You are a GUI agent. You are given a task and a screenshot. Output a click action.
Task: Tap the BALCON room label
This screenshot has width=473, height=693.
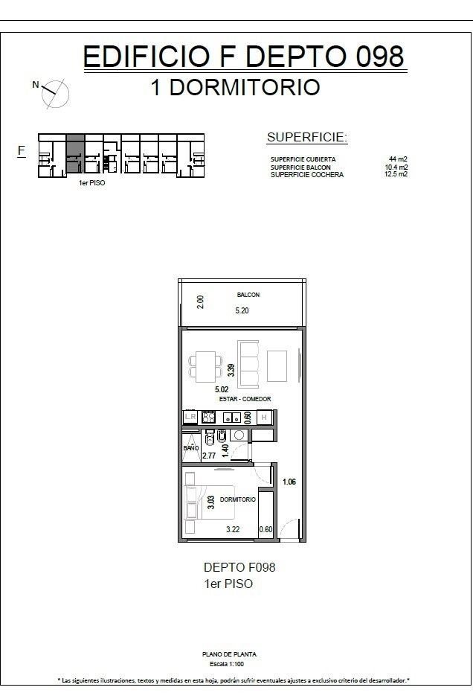point(248,295)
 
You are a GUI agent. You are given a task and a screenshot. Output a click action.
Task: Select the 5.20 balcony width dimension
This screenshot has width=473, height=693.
point(242,310)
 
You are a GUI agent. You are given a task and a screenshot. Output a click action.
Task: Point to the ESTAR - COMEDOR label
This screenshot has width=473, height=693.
point(245,399)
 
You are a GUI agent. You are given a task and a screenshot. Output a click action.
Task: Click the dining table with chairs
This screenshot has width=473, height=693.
point(206,366)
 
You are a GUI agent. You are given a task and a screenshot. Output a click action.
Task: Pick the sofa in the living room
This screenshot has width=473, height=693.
point(248,364)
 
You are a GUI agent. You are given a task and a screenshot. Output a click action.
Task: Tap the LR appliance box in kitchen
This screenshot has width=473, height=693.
point(190,417)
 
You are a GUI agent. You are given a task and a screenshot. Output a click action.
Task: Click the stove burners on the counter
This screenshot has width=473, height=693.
point(208,417)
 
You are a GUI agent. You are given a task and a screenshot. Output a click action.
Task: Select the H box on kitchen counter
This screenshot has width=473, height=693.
point(264,417)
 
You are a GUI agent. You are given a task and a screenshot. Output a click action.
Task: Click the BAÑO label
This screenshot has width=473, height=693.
point(191,448)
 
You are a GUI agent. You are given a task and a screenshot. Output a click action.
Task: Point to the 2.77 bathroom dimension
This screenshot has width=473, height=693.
point(209,456)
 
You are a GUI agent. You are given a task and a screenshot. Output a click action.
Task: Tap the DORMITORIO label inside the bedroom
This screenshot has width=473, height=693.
point(237,499)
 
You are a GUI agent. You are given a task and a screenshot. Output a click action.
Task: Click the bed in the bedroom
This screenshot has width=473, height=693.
point(208,503)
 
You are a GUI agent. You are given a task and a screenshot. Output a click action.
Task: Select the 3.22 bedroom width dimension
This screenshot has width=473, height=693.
point(233,529)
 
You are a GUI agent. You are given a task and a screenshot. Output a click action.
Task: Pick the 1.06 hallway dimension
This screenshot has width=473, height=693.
point(289,482)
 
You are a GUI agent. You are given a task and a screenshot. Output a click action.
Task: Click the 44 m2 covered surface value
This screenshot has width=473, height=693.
point(398,159)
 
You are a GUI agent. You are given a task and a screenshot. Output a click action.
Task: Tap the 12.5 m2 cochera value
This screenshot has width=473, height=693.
point(396,174)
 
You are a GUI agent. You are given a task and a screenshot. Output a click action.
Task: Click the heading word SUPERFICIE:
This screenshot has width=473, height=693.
point(307,138)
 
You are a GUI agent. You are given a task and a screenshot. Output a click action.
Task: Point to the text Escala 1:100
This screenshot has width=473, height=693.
point(227,664)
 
